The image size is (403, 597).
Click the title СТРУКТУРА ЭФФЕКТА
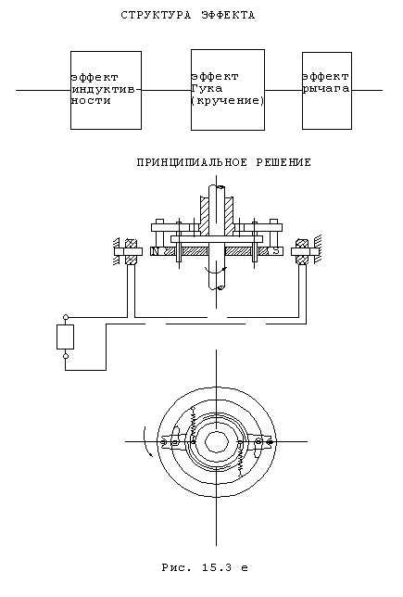(188, 15)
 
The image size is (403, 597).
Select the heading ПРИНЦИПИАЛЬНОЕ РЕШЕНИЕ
(224, 162)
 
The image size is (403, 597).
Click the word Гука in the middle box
(207, 89)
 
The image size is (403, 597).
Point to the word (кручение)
(228, 101)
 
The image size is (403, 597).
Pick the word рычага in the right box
(326, 89)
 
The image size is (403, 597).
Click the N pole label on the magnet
(155, 251)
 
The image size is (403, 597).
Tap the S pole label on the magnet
(277, 251)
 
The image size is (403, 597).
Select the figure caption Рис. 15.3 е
(205, 567)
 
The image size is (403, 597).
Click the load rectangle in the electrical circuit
(66, 337)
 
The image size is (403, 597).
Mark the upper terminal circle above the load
(66, 317)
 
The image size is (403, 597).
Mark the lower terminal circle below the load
(66, 356)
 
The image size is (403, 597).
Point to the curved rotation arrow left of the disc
(146, 441)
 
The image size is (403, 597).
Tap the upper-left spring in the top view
(194, 423)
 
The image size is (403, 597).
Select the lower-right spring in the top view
(240, 461)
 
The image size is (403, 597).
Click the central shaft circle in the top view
(217, 442)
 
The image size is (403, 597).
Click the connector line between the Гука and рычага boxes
(283, 90)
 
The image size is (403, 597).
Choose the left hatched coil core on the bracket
(132, 251)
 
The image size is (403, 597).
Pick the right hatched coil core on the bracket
(303, 251)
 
